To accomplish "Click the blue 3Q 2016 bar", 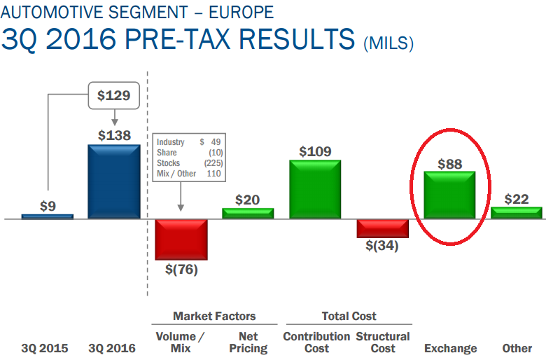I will [x=114, y=181].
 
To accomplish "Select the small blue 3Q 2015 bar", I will [x=48, y=216].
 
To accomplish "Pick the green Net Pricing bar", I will [x=248, y=213].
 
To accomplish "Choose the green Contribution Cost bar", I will [x=315, y=189].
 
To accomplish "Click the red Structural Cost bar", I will [x=382, y=228].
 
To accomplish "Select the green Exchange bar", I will [x=450, y=195].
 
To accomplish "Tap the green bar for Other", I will [x=517, y=212].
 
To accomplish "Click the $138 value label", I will [x=114, y=135].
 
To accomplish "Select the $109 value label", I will [x=315, y=151].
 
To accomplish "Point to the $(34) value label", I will [x=382, y=246].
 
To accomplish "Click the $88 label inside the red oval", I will [x=450, y=164].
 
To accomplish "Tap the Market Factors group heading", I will [x=214, y=317].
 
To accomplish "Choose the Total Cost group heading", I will [x=349, y=317].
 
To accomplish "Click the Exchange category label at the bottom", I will [x=450, y=348].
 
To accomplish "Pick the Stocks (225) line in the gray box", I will [x=189, y=163].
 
